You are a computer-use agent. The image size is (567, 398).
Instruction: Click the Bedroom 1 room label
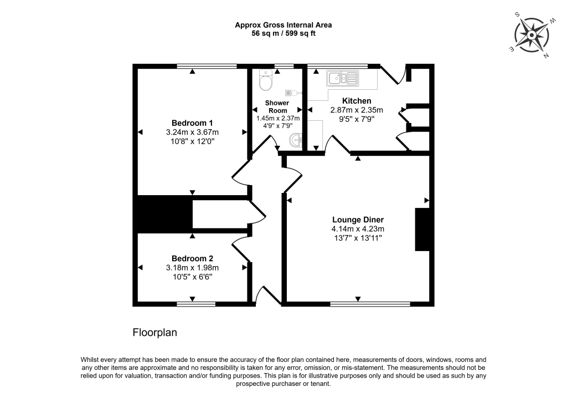coord(192,123)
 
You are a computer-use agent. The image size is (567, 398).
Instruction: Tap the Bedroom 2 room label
coord(192,258)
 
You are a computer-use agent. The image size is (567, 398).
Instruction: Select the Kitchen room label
coord(357,101)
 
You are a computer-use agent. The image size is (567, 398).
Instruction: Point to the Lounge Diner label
coord(358,220)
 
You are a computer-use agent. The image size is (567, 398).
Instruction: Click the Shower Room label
coord(277,106)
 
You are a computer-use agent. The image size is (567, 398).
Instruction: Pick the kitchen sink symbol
coord(343,78)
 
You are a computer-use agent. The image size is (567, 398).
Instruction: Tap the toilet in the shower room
coord(266,81)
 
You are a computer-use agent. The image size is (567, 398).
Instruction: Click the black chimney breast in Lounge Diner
coord(422,229)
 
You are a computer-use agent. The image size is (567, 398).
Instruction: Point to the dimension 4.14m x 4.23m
coord(358,229)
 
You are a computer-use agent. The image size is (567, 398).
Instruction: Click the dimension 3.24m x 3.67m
coord(192,132)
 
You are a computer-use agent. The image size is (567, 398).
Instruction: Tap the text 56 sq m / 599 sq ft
coord(283,33)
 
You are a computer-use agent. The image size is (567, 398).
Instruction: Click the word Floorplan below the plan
coord(154,333)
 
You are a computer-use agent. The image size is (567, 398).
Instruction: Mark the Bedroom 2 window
coord(196,304)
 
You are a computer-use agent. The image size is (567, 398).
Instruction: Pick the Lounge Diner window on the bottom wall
coord(370,304)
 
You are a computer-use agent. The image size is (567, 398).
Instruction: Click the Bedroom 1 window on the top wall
coord(207,67)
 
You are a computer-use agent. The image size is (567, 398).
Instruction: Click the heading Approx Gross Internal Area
coord(283,24)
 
